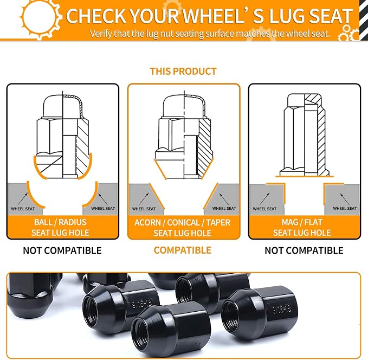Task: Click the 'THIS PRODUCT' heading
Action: tap(183, 72)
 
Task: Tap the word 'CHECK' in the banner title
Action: tap(96, 16)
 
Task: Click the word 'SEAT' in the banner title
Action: tap(331, 16)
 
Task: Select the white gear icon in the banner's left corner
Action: tap(40, 17)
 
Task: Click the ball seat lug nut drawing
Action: tap(63, 137)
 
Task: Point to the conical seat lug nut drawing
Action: tap(184, 137)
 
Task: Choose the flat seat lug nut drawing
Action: tap(305, 135)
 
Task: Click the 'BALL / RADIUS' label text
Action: tap(60, 222)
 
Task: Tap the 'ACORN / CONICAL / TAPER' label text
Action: tap(182, 222)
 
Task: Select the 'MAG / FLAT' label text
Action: tap(302, 222)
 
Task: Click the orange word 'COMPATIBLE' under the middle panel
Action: tap(182, 250)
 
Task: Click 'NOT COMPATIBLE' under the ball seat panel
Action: tap(62, 250)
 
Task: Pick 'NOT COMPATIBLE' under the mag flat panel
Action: tap(304, 250)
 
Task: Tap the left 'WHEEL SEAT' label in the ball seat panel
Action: tap(23, 209)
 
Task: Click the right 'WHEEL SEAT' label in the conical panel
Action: tap(224, 208)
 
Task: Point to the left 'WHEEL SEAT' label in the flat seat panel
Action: tap(264, 209)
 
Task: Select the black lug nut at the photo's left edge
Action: tap(30, 295)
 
